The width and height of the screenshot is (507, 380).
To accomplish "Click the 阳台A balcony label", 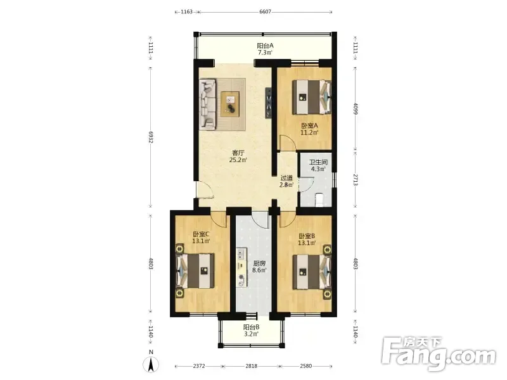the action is coord(265,46).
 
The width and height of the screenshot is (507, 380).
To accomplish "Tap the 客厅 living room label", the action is coord(238,153).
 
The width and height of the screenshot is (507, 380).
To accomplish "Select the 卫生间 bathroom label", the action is coord(318,162).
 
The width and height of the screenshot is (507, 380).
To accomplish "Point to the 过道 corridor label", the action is coord(286,178).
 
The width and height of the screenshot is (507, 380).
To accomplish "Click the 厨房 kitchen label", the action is coord(259,263).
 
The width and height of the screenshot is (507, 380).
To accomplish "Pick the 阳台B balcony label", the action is coord(251,327).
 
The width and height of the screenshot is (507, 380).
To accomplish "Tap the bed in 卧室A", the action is coord(312,97).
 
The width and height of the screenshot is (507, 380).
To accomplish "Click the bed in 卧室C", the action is coord(195,271).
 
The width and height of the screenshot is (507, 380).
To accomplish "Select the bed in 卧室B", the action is coord(312,272).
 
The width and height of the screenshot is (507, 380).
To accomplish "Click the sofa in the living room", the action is coord(208,104).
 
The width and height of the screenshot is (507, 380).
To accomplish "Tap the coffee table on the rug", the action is coord(230,104).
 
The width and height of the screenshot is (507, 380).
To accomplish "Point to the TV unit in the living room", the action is coord(269,103).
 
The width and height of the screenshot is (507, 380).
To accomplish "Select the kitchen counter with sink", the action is coord(241,267).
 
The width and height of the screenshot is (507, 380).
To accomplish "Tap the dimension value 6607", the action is coord(265,11).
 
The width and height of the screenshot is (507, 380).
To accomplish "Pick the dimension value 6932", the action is coord(151,137).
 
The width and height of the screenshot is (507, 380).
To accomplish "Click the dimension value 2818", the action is coord(251,366).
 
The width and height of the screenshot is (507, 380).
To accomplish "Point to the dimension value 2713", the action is coord(356,180).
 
